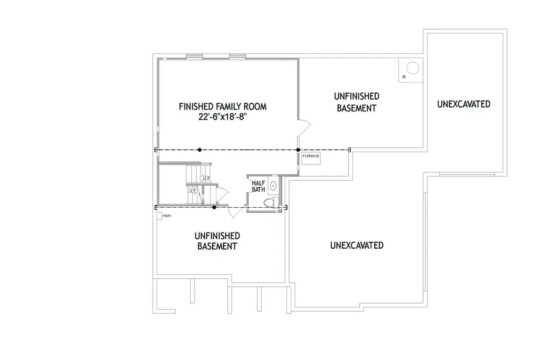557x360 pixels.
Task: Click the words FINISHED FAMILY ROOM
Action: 223,106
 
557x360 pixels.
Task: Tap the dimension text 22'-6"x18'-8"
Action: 223,118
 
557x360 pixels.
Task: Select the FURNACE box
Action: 311,156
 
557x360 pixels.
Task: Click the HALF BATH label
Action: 258,186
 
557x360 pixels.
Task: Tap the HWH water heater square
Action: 160,216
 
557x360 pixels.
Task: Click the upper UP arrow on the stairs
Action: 207,179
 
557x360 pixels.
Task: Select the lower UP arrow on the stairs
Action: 192,191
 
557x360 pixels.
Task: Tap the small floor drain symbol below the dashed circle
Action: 403,77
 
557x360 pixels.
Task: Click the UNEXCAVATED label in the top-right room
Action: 464,104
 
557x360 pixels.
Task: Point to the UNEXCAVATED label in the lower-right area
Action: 356,246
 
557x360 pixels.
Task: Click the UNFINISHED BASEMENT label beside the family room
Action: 356,102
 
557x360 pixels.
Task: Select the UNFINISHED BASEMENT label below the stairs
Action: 217,241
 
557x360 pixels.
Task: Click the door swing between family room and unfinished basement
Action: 304,131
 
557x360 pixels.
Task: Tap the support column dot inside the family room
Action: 199,150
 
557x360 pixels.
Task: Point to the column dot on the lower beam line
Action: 214,207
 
